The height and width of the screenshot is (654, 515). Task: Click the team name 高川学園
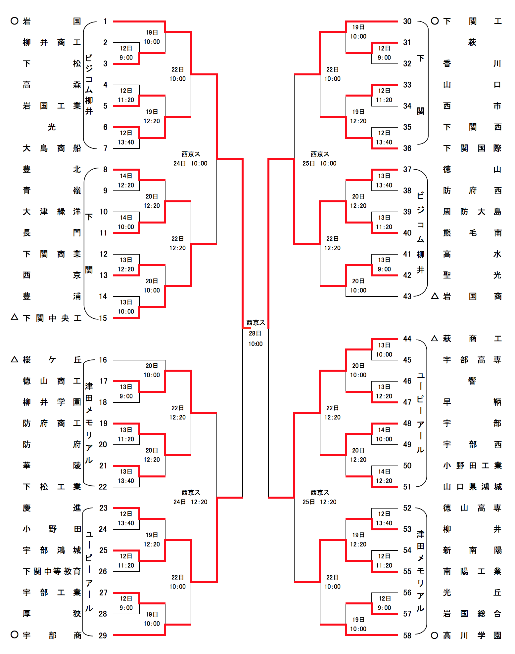[x=472, y=635]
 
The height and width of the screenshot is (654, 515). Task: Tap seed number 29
[x=103, y=635]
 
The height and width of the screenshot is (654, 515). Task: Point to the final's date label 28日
[x=255, y=333]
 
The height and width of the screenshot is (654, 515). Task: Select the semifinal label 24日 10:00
[x=190, y=163]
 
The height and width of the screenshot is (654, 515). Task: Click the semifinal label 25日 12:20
[x=319, y=502]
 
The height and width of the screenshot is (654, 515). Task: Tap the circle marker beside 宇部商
[x=15, y=634]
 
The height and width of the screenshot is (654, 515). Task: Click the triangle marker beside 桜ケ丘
[x=15, y=359]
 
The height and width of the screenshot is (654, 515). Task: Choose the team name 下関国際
[x=472, y=148]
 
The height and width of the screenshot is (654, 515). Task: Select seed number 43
[x=407, y=296]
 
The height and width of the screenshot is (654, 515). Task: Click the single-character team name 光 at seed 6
[x=52, y=127]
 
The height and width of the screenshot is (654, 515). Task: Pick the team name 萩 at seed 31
[x=472, y=42]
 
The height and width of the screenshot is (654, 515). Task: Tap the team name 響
[x=472, y=381]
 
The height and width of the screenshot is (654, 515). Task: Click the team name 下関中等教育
[x=52, y=571]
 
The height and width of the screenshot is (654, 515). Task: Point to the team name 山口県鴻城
[x=472, y=487]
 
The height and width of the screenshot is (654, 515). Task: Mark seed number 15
[x=103, y=318]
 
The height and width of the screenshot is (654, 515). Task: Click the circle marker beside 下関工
[x=435, y=21]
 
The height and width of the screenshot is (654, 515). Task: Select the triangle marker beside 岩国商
[x=435, y=296]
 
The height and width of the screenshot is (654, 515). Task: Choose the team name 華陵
[x=52, y=466]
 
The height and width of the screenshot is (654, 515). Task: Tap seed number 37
[x=407, y=169]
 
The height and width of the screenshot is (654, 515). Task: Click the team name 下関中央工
[x=52, y=318]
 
